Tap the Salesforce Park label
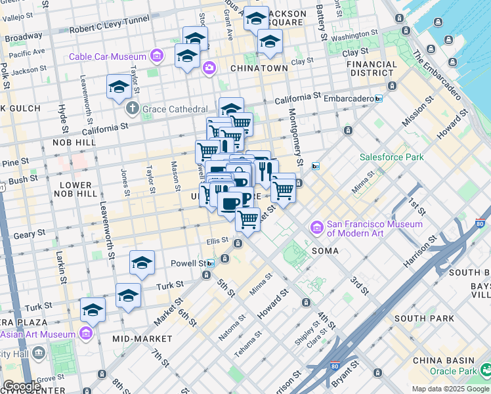click(x=391, y=157)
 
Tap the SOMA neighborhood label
click(x=325, y=251)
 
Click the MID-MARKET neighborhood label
click(x=142, y=339)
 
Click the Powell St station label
click(x=188, y=263)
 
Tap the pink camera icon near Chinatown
click(x=209, y=67)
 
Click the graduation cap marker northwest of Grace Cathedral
click(x=119, y=87)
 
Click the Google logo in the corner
click(x=22, y=386)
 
